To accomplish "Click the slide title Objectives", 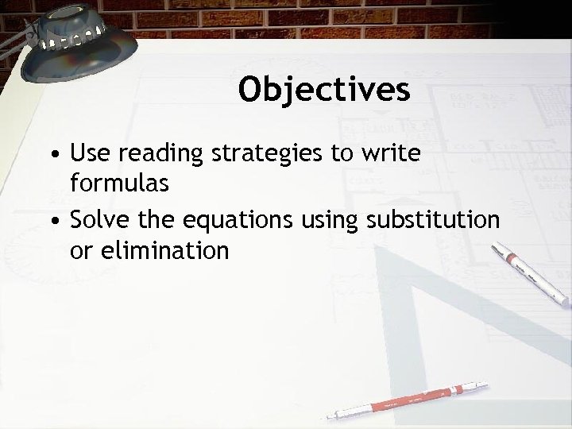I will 324,90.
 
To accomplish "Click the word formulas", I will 120,184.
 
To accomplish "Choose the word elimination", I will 161,251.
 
